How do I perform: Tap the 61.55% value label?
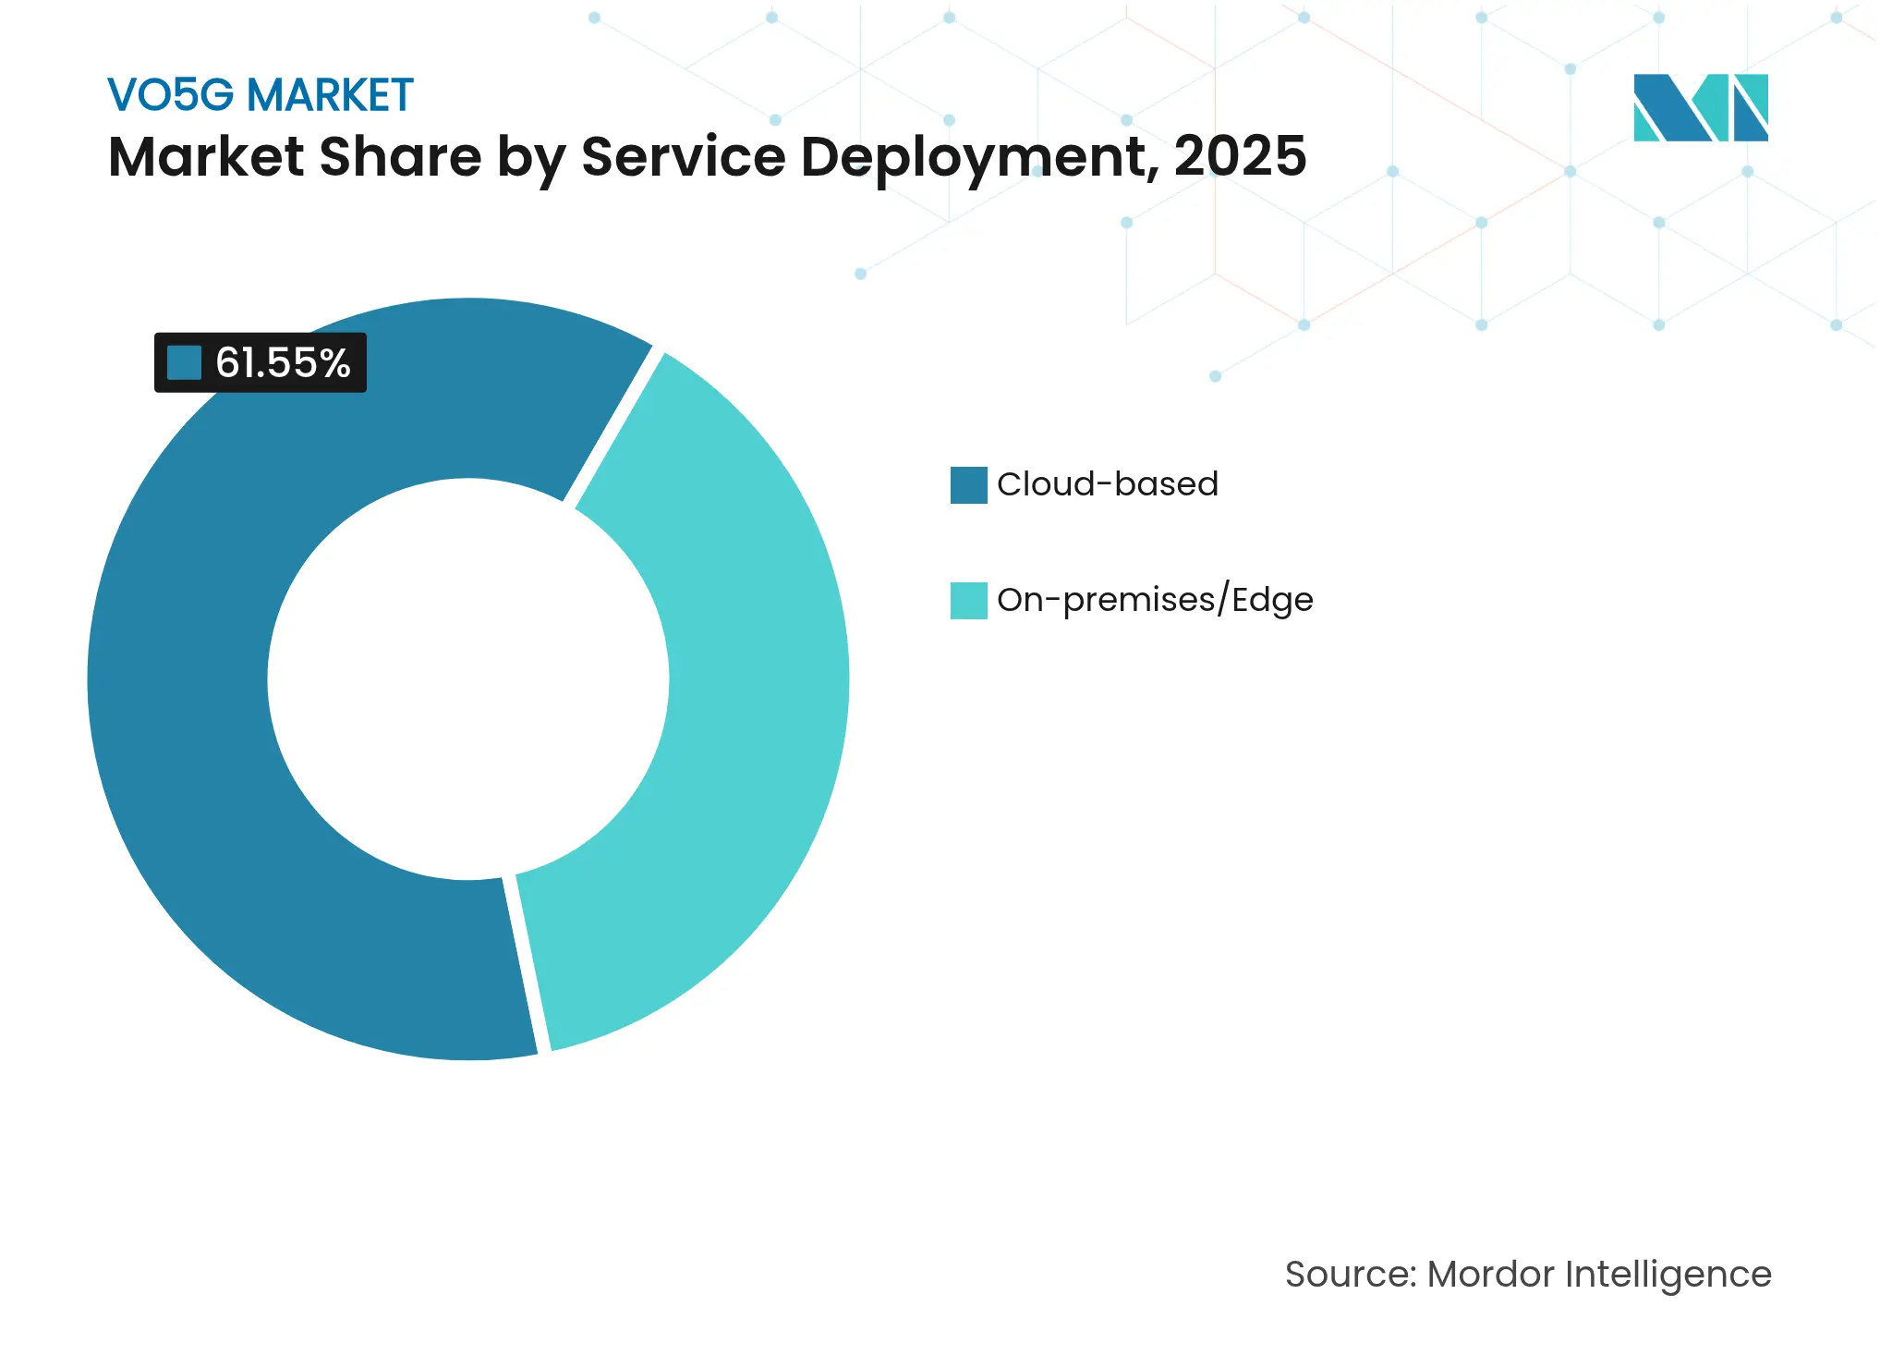[x=283, y=363]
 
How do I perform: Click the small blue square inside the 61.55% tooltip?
[x=184, y=363]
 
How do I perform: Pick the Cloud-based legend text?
[x=1107, y=484]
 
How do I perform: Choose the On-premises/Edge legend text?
[x=1155, y=600]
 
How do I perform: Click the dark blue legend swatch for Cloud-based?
[x=968, y=485]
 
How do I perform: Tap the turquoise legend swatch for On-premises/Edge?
[x=968, y=601]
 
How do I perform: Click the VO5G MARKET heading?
[x=260, y=95]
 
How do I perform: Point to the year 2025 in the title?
[x=1240, y=156]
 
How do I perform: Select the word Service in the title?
[x=684, y=156]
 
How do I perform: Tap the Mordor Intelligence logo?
[x=1700, y=107]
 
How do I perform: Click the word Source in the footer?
[x=1349, y=1275]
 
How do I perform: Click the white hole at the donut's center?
[x=468, y=679]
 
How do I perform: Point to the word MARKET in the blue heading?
[x=330, y=95]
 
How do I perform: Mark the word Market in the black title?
[x=206, y=156]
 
